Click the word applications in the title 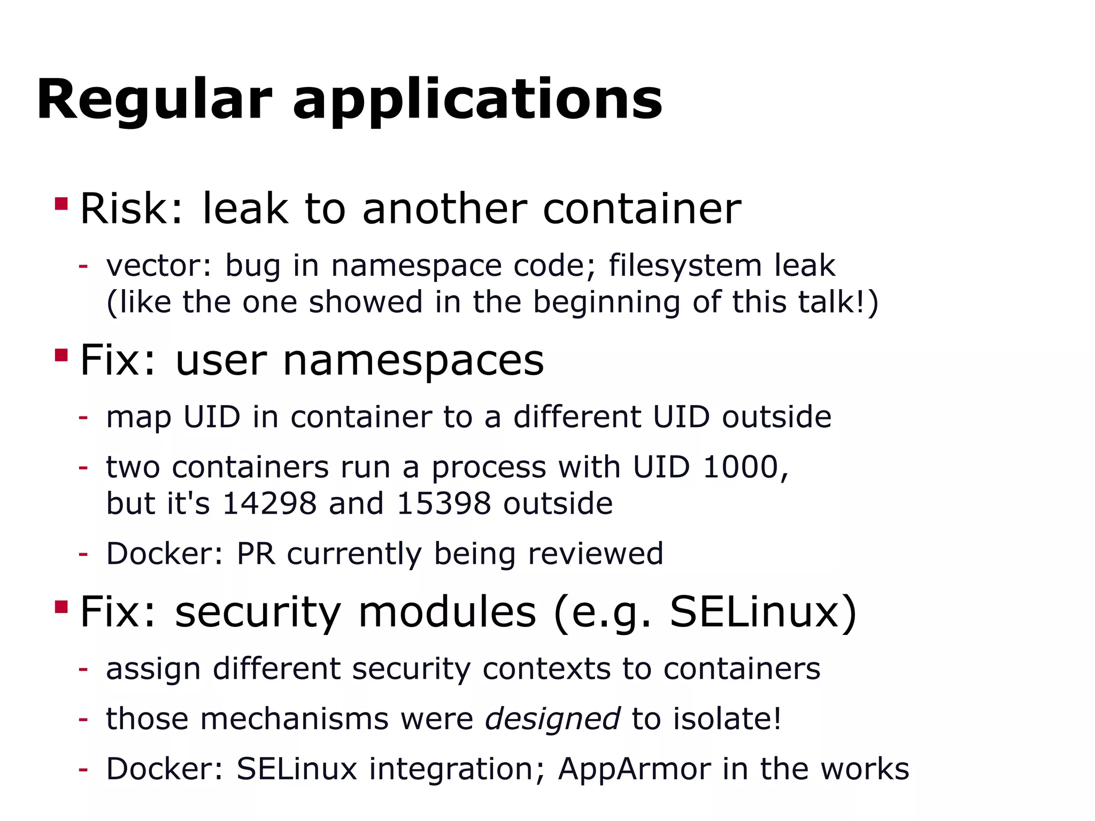(x=477, y=100)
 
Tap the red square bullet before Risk (x=61, y=204)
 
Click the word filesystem (x=685, y=266)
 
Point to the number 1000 (x=745, y=467)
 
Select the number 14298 (x=269, y=504)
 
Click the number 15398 (x=444, y=504)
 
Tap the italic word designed (x=552, y=719)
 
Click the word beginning (x=606, y=303)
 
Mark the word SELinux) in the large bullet (x=763, y=612)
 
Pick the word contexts (x=546, y=669)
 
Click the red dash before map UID (x=83, y=417)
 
